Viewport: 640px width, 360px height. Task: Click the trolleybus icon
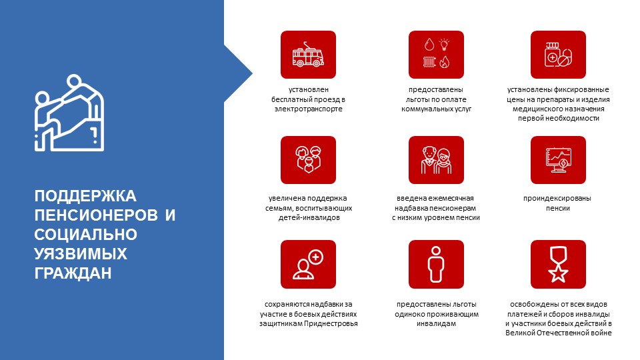point(308,55)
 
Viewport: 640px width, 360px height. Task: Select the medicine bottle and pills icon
point(558,55)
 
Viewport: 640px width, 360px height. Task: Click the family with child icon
point(308,160)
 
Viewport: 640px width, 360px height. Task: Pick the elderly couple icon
point(436,160)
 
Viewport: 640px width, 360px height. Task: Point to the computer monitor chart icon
point(558,160)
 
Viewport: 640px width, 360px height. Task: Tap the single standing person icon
point(436,264)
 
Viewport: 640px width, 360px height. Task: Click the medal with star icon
point(558,264)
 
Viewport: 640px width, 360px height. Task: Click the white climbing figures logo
point(69,113)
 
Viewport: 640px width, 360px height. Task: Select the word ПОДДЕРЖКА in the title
point(85,196)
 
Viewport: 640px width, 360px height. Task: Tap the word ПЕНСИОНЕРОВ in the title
point(96,215)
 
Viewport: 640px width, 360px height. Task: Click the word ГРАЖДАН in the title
point(73,273)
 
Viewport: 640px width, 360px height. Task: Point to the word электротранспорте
point(308,109)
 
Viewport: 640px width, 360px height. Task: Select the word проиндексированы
point(557,199)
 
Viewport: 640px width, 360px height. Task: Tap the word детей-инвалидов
point(309,217)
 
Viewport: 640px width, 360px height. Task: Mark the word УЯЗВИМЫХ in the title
point(81,254)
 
